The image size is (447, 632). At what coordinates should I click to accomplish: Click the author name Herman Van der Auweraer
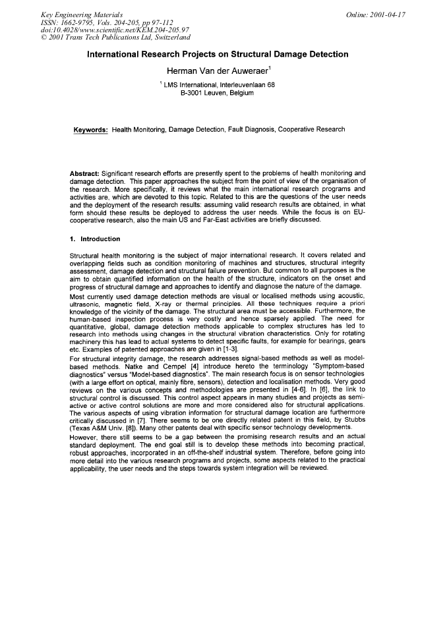pyautogui.click(x=222, y=70)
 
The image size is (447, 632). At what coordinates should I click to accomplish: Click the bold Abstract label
pyautogui.click(x=84, y=174)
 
